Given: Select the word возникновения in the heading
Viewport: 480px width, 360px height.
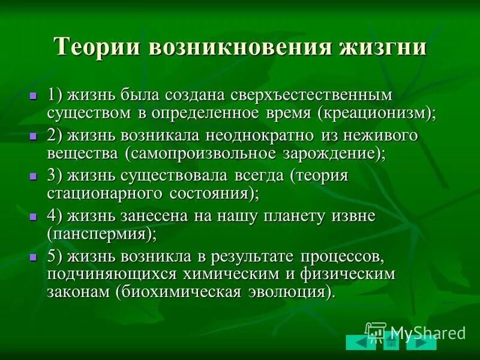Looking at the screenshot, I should click(x=243, y=47).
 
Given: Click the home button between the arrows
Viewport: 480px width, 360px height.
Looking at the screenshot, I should click(x=391, y=343).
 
